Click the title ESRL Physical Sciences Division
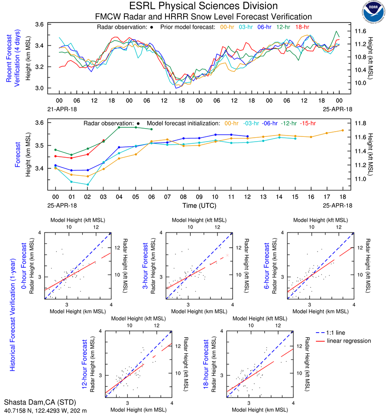coord(203,6)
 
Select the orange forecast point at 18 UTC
coord(343,130)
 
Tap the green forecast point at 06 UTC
coord(151,129)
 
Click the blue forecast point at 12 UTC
coord(247,136)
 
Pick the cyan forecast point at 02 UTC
coord(88,184)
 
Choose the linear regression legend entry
coord(349,341)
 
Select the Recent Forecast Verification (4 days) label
coord(13,56)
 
